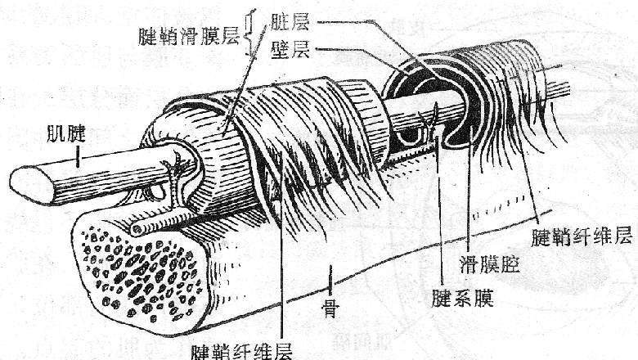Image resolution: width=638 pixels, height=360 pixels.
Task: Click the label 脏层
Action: [289, 25]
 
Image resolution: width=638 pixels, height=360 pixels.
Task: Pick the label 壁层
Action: [289, 51]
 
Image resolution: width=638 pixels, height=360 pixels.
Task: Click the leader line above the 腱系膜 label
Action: [442, 213]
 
